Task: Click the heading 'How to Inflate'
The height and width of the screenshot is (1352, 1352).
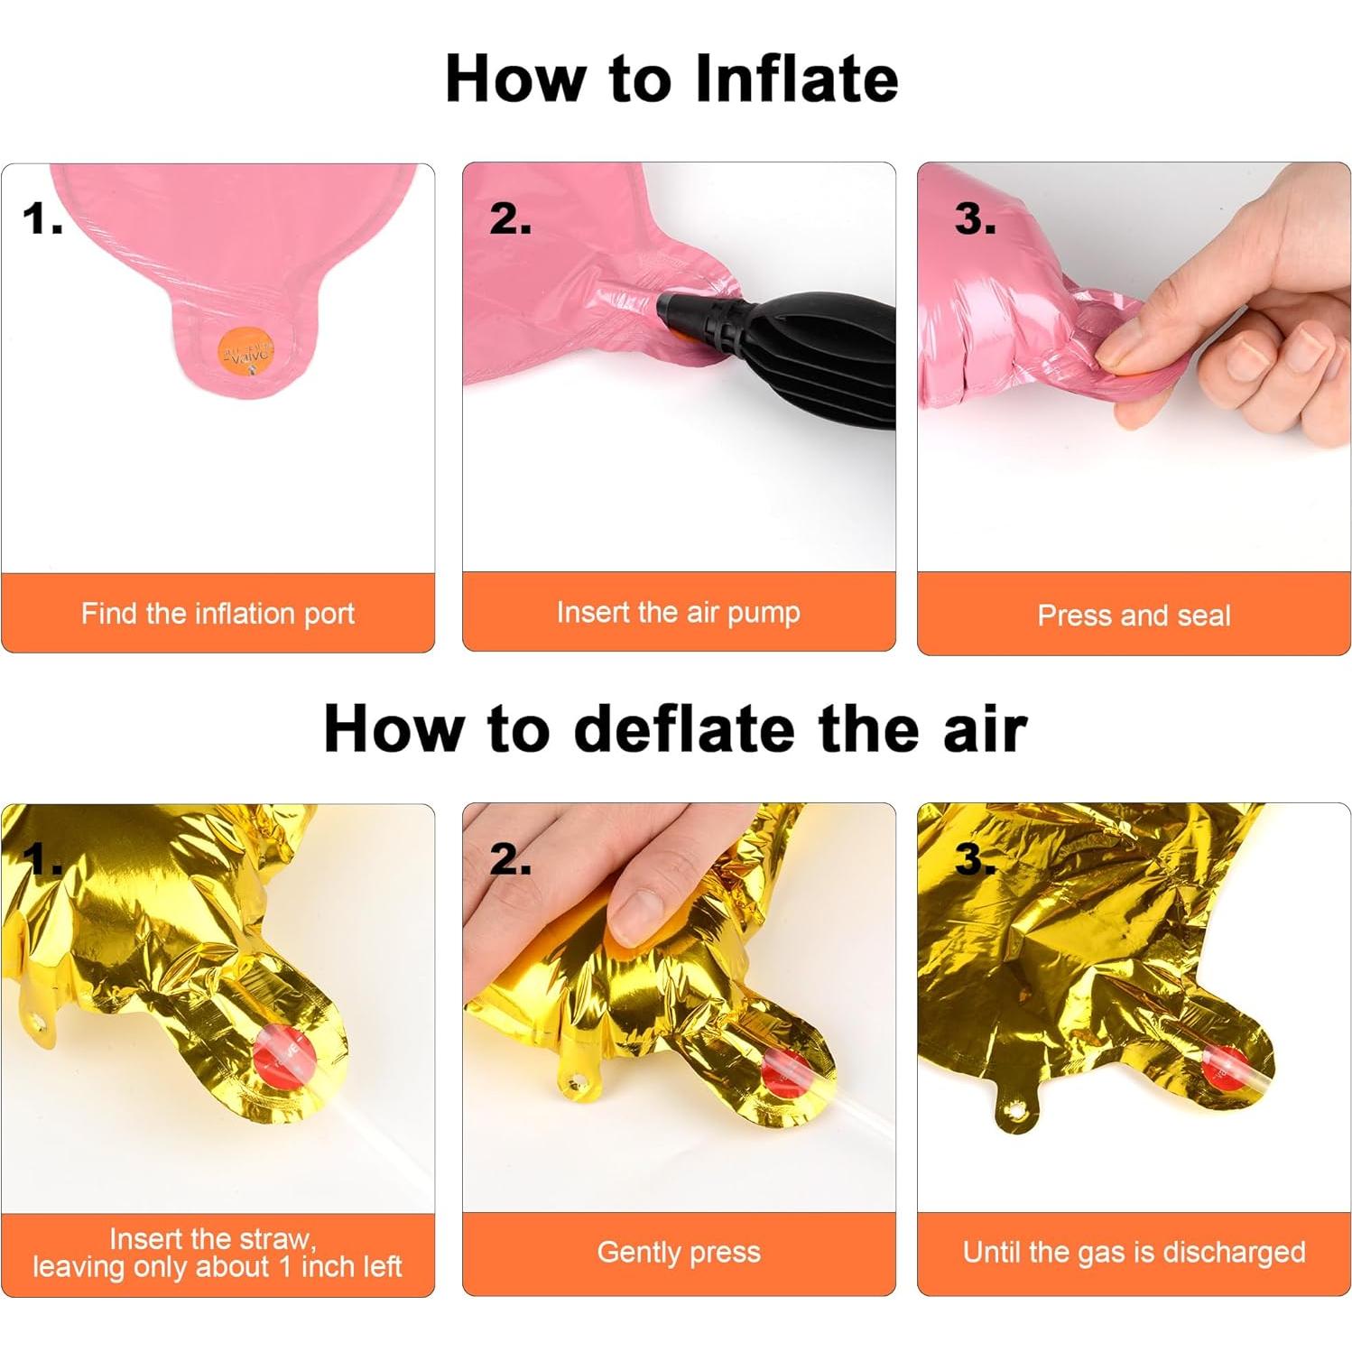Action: point(671,79)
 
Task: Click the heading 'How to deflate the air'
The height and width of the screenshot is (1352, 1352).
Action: point(675,728)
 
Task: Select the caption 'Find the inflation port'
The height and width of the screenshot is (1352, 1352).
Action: point(218,614)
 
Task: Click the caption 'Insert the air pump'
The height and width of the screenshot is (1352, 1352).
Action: point(679,612)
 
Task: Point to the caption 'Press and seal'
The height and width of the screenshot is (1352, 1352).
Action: point(1134,616)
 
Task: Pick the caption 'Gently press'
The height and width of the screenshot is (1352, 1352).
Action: point(679,1252)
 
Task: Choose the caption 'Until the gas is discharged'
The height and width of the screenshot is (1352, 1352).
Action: point(1134,1252)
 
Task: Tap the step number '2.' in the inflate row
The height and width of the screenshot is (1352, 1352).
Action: point(511,219)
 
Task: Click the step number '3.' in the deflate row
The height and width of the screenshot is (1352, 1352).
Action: point(976,859)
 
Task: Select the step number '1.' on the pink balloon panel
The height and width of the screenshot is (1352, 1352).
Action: point(42,219)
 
